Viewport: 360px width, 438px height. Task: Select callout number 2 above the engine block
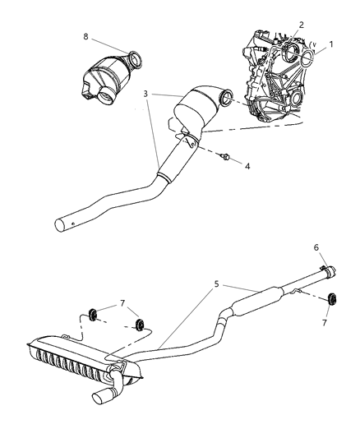point(302,25)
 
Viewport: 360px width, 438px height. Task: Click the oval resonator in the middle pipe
point(256,302)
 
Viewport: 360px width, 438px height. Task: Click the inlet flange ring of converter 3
point(229,104)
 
